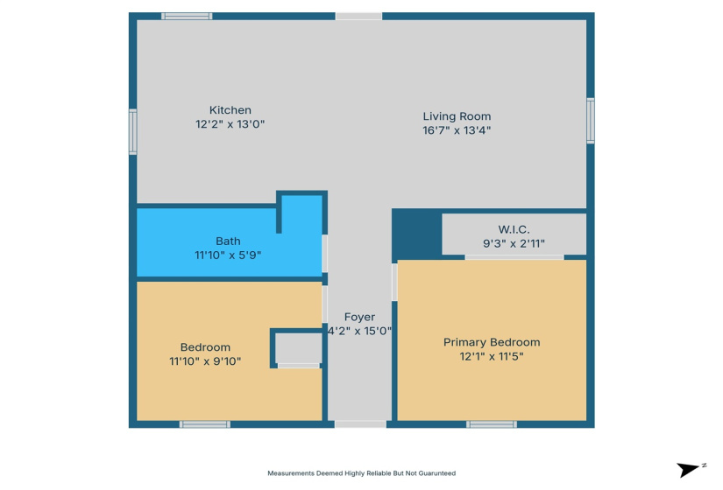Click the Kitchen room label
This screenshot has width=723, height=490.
pos(230,110)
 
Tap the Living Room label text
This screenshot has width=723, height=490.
pos(457,116)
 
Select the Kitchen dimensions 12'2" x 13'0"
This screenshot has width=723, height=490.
pos(230,124)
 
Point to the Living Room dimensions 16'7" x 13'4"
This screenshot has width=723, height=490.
pos(457,130)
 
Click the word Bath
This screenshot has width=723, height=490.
pos(228,241)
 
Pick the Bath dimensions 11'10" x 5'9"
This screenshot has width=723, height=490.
pos(228,255)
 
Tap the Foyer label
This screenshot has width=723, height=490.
pos(359,317)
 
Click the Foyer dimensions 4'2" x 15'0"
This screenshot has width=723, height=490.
pos(359,332)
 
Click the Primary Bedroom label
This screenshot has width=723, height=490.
pos(492,342)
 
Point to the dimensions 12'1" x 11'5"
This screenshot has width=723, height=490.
pos(492,356)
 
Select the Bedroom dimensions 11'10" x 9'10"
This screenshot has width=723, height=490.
pos(205,360)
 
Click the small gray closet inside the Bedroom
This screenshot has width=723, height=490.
pos(298,349)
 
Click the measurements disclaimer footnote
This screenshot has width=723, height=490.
pos(361,473)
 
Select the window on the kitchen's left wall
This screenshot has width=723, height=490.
pos(133,131)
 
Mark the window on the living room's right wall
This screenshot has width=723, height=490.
pos(591,120)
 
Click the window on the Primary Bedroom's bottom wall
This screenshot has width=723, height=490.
pos(491,424)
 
